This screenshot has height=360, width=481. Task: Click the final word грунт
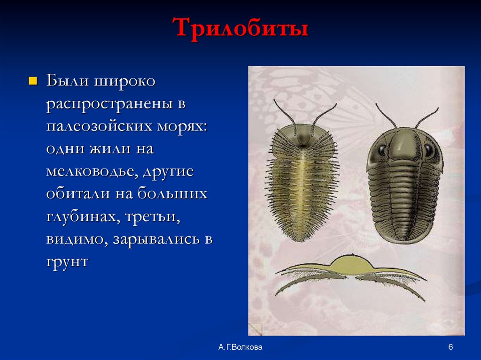(67, 261)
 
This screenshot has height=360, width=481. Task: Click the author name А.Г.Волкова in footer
(240, 347)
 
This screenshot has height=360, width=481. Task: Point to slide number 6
(450, 347)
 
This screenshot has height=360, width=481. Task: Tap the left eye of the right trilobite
(380, 151)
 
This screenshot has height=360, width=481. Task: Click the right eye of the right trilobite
(429, 150)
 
